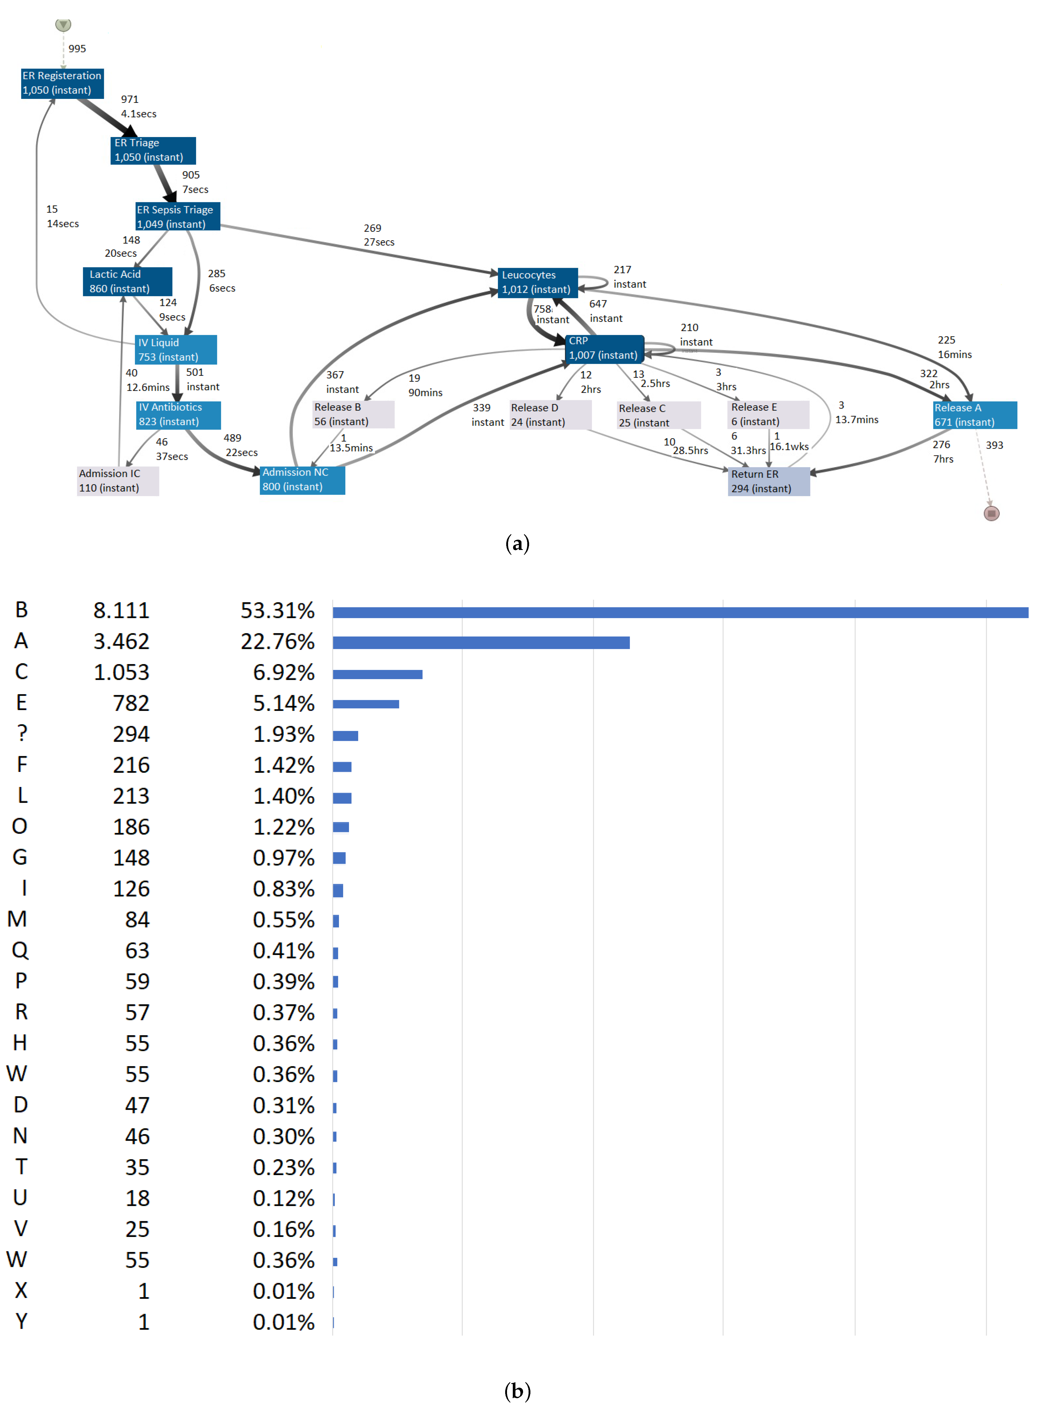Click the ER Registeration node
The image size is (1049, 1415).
coord(62,83)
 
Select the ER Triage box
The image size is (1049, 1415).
coord(153,150)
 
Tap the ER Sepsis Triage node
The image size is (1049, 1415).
coord(177,216)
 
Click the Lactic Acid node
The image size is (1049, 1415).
coord(127,281)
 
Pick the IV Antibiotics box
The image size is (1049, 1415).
coord(178,415)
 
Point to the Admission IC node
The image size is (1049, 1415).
coord(118,481)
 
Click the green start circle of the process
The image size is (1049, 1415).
coord(63,25)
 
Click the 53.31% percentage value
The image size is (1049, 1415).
coord(277,610)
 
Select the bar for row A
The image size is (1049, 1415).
coord(481,643)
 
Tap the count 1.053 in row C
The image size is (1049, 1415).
coord(121,672)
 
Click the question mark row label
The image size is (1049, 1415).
coord(22,734)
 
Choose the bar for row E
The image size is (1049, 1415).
coord(366,704)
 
